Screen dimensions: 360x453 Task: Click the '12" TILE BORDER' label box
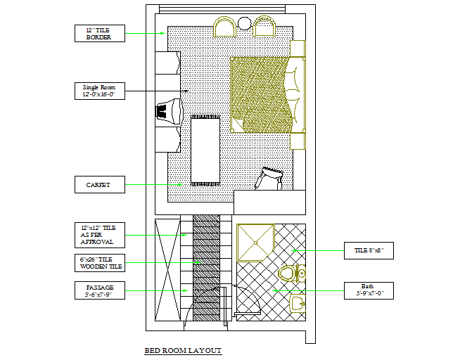pyautogui.click(x=99, y=33)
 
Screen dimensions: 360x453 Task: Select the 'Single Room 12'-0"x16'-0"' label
pyautogui.click(x=99, y=91)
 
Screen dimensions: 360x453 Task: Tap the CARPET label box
pyautogui.click(x=99, y=185)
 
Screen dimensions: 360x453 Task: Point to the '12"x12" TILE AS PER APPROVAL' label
pyautogui.click(x=99, y=235)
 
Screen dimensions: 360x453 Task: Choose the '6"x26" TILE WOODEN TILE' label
pyautogui.click(x=99, y=263)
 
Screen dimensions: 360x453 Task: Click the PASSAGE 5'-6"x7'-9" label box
pyautogui.click(x=99, y=290)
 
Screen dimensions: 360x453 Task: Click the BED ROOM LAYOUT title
pyautogui.click(x=182, y=350)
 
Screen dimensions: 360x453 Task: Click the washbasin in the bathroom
pyautogui.click(x=298, y=303)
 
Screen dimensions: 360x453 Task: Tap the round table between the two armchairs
pyautogui.click(x=244, y=24)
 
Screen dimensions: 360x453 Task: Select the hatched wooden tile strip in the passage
pyautogui.click(x=207, y=271)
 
